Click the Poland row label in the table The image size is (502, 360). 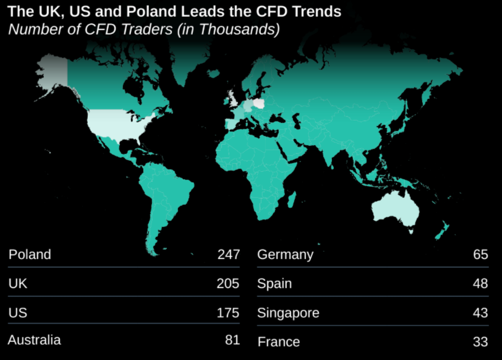coord(30,254)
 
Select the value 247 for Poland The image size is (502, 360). coord(228,254)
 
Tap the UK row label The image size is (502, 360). coord(18,283)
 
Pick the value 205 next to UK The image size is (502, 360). coord(228,283)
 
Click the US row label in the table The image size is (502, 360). coord(17,312)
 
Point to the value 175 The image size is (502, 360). coord(228,312)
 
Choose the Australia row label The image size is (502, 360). coord(35,340)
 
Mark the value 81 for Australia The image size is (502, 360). coord(231,340)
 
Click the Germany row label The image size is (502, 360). coord(285,254)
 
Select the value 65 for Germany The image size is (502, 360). coord(480,254)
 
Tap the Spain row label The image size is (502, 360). coord(274,284)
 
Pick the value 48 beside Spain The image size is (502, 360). coord(480,284)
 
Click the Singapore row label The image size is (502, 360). coord(288,313)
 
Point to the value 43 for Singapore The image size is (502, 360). coord(480,313)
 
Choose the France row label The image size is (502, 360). coord(278,341)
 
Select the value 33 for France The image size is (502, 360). coord(480,341)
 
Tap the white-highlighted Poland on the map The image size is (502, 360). coord(260,101)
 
